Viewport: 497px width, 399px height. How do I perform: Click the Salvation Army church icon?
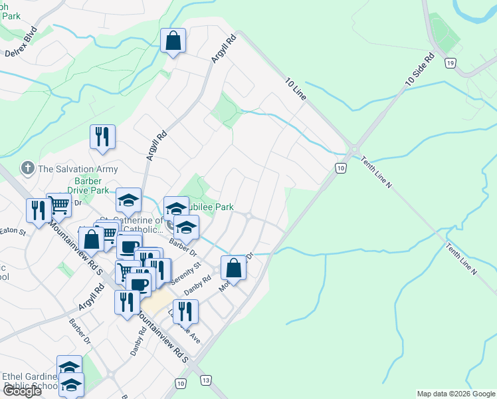pyautogui.click(x=27, y=168)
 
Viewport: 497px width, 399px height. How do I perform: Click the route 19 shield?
pyautogui.click(x=450, y=63)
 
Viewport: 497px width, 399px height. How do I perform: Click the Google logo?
pyautogui.click(x=22, y=391)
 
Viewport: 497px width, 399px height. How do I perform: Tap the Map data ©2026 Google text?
pyautogui.click(x=456, y=394)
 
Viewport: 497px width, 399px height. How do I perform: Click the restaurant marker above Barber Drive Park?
pyautogui.click(x=102, y=136)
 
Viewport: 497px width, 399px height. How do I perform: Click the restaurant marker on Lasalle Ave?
pyautogui.click(x=185, y=311)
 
